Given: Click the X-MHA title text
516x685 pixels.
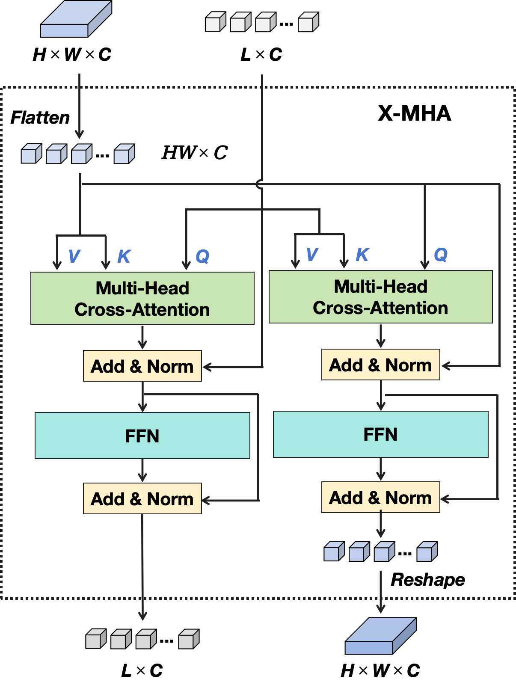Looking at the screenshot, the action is (x=414, y=113).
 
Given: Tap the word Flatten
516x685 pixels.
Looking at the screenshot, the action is (x=40, y=118).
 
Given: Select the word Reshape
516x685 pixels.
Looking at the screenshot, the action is (x=428, y=580).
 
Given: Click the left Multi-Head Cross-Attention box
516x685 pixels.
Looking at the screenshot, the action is (x=142, y=298).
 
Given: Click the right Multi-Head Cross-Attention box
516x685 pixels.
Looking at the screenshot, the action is (x=381, y=297).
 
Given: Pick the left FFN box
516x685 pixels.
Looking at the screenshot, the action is (x=142, y=435).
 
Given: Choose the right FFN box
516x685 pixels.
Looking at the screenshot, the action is (x=381, y=434).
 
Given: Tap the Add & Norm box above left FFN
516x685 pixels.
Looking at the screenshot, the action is (x=142, y=366).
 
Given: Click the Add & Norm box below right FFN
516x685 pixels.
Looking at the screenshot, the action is (x=381, y=497).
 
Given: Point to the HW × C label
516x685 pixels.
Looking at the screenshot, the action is (x=195, y=153).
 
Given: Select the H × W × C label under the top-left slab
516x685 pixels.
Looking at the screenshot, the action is (x=72, y=54).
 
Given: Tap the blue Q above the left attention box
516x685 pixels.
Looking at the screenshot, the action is (x=202, y=257).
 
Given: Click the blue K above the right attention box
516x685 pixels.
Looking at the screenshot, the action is (x=362, y=255).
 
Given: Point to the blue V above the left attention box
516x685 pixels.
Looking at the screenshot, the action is (x=74, y=256).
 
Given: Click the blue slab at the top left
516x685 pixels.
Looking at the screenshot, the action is (x=76, y=19).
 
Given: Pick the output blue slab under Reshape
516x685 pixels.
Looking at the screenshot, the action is (x=381, y=636).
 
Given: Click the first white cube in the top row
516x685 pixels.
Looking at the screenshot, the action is (x=215, y=21).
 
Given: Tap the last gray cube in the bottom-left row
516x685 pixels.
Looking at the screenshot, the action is (x=189, y=639).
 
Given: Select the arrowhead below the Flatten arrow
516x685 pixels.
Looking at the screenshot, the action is (x=79, y=134).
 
